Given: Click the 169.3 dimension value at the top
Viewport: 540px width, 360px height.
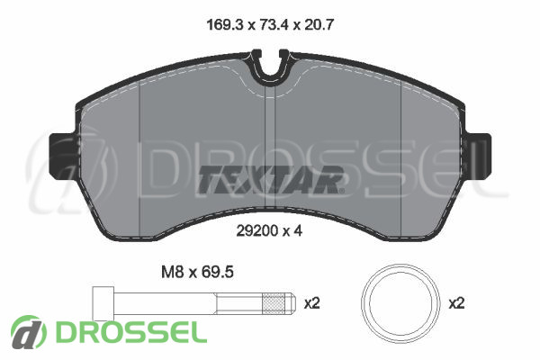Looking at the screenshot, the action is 225,25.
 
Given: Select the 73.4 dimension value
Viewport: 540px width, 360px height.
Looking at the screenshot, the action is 274,25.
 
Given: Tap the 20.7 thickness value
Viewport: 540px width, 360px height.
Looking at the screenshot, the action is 319,25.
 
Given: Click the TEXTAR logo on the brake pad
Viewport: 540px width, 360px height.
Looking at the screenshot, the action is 270,179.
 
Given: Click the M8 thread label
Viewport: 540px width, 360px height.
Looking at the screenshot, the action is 172,272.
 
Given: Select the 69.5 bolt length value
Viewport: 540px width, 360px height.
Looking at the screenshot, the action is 218,272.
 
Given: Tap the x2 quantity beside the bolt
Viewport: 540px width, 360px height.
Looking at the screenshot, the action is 312,303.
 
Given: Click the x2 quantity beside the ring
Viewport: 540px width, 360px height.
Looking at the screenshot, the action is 456,303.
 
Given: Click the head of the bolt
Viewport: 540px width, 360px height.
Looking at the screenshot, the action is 103,303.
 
